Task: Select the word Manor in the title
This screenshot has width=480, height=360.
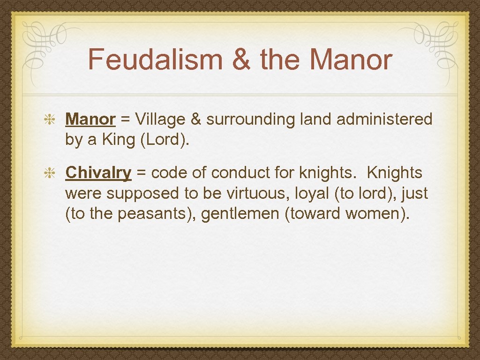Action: click(x=350, y=60)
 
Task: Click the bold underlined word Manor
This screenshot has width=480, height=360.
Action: click(x=90, y=120)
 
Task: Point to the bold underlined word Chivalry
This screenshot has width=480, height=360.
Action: click(x=98, y=173)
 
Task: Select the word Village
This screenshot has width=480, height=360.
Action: click(x=160, y=120)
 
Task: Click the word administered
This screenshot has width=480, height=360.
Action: click(x=384, y=120)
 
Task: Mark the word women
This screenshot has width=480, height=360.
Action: click(x=375, y=213)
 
